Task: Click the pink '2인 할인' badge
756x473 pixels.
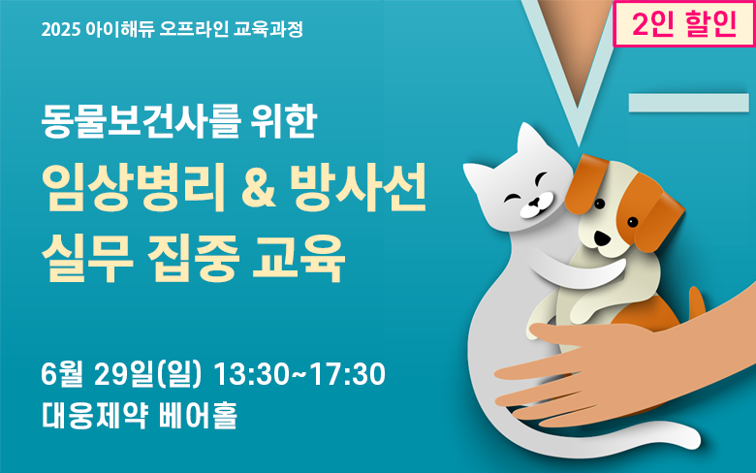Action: click(x=684, y=23)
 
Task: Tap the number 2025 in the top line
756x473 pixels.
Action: click(x=60, y=30)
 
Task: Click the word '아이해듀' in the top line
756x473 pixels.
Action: click(x=120, y=29)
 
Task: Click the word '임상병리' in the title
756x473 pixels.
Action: click(x=134, y=187)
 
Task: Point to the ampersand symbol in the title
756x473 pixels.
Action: click(x=259, y=188)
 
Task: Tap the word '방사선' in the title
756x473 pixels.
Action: click(x=360, y=187)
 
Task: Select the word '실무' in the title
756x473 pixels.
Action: click(x=87, y=258)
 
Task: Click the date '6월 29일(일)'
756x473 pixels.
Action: click(x=121, y=374)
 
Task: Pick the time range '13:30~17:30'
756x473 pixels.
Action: click(x=299, y=374)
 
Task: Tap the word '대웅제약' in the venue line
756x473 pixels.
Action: click(x=94, y=415)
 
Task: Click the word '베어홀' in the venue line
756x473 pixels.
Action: click(x=198, y=415)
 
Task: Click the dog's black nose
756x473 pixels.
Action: click(x=602, y=237)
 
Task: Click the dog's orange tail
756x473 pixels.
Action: click(x=696, y=302)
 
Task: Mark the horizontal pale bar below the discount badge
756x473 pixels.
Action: click(x=689, y=103)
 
